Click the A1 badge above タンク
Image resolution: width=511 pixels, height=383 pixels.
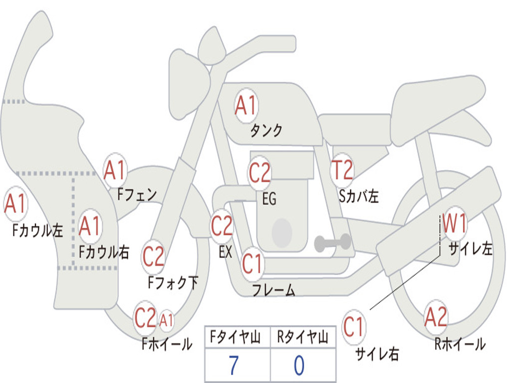247,106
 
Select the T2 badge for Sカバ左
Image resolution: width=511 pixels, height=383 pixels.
342,170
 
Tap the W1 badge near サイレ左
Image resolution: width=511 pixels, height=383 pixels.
455,223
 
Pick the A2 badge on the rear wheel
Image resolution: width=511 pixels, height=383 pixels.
436,317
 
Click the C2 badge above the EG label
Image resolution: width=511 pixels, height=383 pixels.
259,173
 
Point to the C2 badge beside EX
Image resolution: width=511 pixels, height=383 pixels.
222,226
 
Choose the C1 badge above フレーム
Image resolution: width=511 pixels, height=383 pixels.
252,263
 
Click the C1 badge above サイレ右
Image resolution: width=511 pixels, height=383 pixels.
353,327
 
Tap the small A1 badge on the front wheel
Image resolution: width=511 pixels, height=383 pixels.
166,320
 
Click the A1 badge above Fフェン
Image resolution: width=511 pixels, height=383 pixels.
115,170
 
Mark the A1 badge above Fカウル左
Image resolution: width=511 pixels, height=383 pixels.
15,203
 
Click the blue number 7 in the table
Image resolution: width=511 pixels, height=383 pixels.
234,365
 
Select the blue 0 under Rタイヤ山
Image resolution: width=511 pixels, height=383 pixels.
299,366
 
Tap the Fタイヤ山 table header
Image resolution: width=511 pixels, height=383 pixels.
235,337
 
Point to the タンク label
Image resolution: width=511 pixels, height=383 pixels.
266,130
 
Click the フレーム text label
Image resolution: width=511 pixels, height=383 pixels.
274,290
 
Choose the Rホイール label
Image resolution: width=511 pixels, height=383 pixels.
460,344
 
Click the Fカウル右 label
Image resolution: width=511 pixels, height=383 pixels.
104,252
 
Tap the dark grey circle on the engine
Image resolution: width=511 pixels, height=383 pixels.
282,233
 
